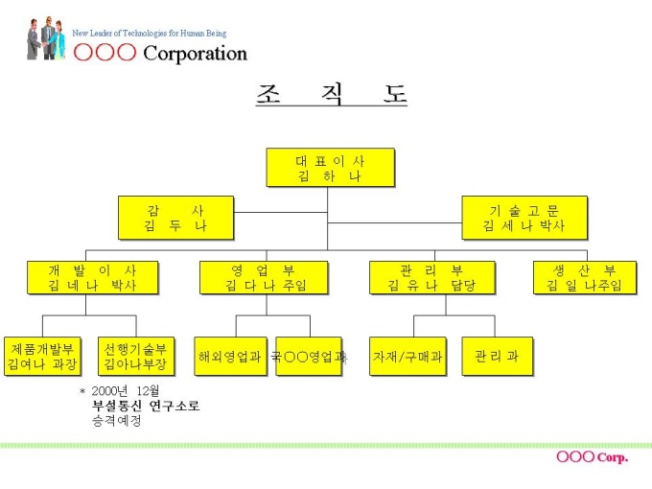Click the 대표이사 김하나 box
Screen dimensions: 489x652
[x=330, y=168]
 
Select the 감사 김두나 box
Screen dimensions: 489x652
[x=175, y=218]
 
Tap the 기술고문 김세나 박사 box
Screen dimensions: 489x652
[x=524, y=218]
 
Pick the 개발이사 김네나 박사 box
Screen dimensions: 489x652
[x=92, y=277]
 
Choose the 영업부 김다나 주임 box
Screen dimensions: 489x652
[x=263, y=277]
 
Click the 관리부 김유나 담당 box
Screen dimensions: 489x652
[x=431, y=277]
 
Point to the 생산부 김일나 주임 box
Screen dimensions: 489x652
[x=584, y=277]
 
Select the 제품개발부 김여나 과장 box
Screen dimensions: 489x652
[x=40, y=356]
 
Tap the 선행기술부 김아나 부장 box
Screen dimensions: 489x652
[x=135, y=356]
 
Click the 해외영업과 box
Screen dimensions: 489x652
[x=229, y=356]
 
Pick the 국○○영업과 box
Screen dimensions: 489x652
[x=309, y=356]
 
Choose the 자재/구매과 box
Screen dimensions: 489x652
[x=407, y=356]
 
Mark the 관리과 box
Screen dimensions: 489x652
[x=497, y=356]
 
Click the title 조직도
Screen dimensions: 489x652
[x=331, y=95]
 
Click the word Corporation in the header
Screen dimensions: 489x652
[x=195, y=54]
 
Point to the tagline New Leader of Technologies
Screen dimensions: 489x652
[x=149, y=34]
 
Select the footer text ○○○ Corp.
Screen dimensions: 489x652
[x=592, y=457]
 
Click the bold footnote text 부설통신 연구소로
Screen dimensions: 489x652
[x=146, y=406]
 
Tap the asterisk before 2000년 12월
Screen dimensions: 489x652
[x=82, y=391]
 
